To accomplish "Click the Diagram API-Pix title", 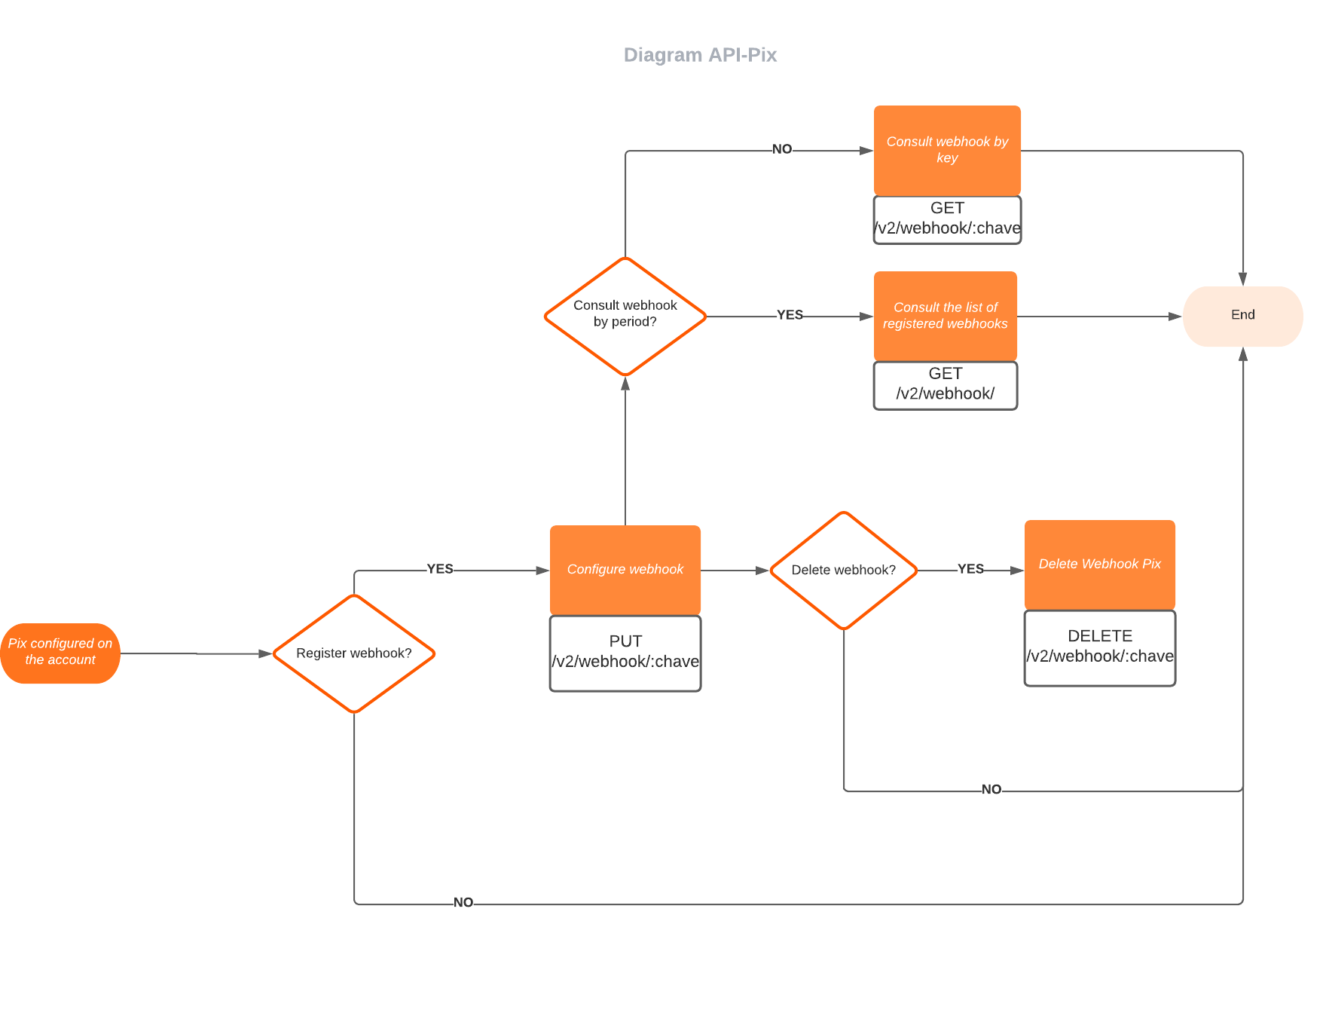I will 700,55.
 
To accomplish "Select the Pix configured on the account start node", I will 60,653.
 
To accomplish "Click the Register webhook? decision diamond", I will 354,653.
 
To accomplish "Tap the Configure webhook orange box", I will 625,570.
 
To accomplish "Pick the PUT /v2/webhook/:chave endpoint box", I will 625,653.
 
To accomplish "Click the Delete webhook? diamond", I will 844,571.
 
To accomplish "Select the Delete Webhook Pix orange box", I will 1099,565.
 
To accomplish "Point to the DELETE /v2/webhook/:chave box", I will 1099,647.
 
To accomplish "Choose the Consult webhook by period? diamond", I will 625,315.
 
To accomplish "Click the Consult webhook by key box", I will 947,150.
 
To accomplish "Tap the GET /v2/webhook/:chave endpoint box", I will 947,219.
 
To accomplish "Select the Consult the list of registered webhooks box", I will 945,316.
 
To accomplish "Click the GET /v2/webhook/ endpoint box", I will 945,385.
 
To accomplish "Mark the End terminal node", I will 1242,316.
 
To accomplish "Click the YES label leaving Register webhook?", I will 440,569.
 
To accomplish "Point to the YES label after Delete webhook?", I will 970,569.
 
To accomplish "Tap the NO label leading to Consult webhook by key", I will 782,149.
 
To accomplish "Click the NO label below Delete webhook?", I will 991,790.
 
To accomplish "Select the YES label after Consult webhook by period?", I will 790,315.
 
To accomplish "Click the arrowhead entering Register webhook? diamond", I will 265,653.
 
